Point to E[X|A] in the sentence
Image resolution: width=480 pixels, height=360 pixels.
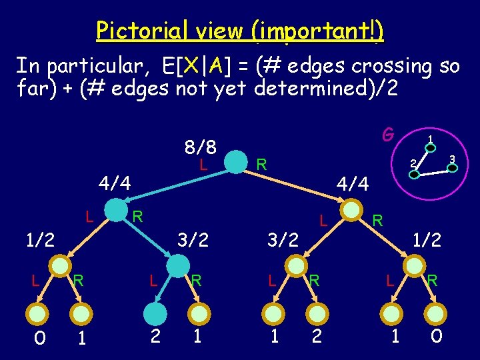coord(201,66)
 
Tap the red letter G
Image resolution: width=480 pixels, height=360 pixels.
coord(387,135)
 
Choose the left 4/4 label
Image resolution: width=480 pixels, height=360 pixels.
coord(115,182)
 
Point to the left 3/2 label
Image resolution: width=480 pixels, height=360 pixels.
coord(193,239)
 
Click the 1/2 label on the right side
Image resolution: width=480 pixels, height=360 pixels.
coord(427,239)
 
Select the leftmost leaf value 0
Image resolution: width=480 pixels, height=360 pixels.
coord(40,338)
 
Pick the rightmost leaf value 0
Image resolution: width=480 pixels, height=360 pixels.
coord(436,336)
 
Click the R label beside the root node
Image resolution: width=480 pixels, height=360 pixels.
coord(262,163)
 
